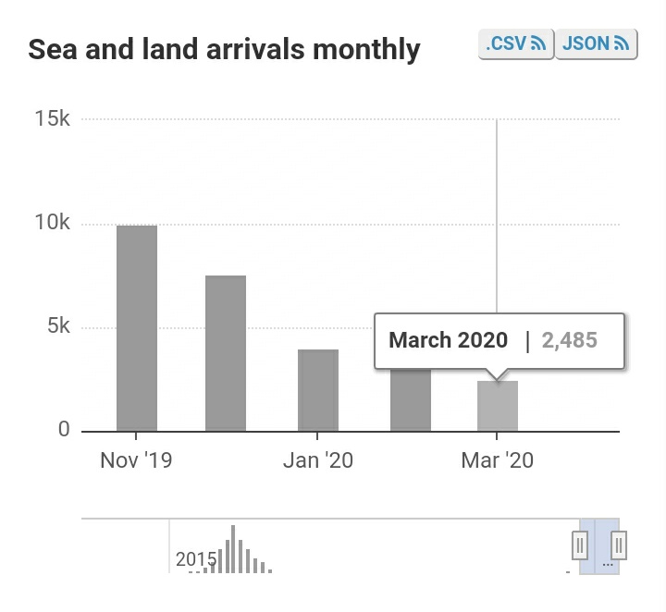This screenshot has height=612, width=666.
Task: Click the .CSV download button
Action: click(515, 43)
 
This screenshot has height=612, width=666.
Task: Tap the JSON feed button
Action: click(597, 43)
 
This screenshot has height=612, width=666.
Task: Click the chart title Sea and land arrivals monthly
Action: click(225, 49)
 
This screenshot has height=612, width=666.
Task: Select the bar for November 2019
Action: click(137, 328)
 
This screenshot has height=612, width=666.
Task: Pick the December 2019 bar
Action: click(226, 353)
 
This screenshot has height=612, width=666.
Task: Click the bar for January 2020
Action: click(318, 390)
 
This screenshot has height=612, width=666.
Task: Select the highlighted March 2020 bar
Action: click(498, 406)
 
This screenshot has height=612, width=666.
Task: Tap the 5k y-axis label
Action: click(59, 326)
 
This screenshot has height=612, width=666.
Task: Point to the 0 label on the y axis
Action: click(65, 429)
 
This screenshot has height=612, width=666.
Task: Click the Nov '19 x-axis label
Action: click(136, 459)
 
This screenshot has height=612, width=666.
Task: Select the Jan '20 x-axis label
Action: click(317, 459)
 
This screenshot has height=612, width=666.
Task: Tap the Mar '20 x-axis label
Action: click(497, 459)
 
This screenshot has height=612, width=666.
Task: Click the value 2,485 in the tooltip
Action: click(569, 340)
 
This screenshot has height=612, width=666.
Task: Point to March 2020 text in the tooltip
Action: click(449, 340)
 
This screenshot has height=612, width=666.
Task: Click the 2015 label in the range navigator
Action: click(196, 559)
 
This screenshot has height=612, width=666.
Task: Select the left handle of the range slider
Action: click(580, 545)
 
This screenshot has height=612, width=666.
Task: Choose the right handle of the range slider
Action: click(620, 545)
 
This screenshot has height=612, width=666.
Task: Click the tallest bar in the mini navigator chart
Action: click(233, 549)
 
